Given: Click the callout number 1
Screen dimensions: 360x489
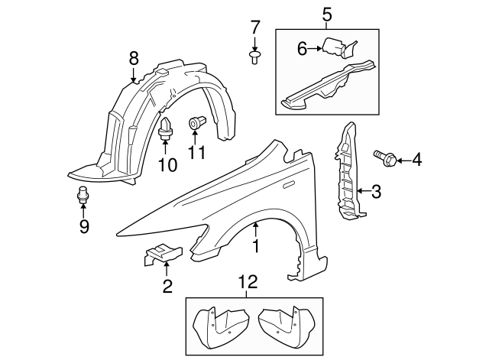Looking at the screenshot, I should click(256, 246).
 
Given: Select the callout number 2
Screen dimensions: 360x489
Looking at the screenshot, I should click(167, 287).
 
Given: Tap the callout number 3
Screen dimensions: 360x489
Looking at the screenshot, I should click(375, 191).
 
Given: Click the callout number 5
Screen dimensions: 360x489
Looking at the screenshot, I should click(327, 13).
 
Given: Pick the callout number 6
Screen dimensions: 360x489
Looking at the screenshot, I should click(302, 49).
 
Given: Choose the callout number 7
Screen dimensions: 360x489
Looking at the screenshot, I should click(255, 28).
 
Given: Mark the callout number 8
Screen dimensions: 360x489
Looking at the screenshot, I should click(134, 57).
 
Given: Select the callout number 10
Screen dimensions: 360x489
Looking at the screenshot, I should click(167, 164).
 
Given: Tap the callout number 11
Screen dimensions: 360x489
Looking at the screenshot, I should click(197, 152).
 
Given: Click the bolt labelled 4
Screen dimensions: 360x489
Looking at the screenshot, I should click(384, 158).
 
